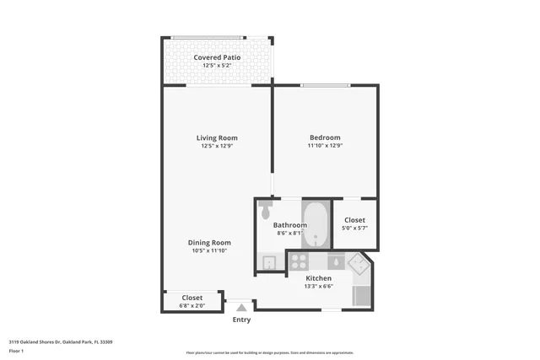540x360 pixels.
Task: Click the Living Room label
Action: click(217, 137)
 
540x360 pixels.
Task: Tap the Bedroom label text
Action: click(325, 137)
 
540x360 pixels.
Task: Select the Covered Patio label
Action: click(217, 57)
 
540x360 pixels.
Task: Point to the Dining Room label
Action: click(209, 243)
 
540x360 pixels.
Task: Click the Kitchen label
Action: click(318, 277)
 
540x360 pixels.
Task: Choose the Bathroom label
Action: click(289, 225)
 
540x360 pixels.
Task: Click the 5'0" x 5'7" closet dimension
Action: click(355, 228)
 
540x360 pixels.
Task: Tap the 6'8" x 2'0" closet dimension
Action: click(192, 306)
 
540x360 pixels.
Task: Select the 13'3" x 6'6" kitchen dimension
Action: click(318, 286)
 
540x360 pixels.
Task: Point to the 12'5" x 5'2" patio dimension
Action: click(217, 66)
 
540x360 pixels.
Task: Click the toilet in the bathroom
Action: click(266, 207)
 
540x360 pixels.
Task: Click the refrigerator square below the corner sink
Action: click(361, 295)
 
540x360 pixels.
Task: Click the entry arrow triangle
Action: click(241, 308)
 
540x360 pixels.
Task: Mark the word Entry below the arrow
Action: click(241, 320)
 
